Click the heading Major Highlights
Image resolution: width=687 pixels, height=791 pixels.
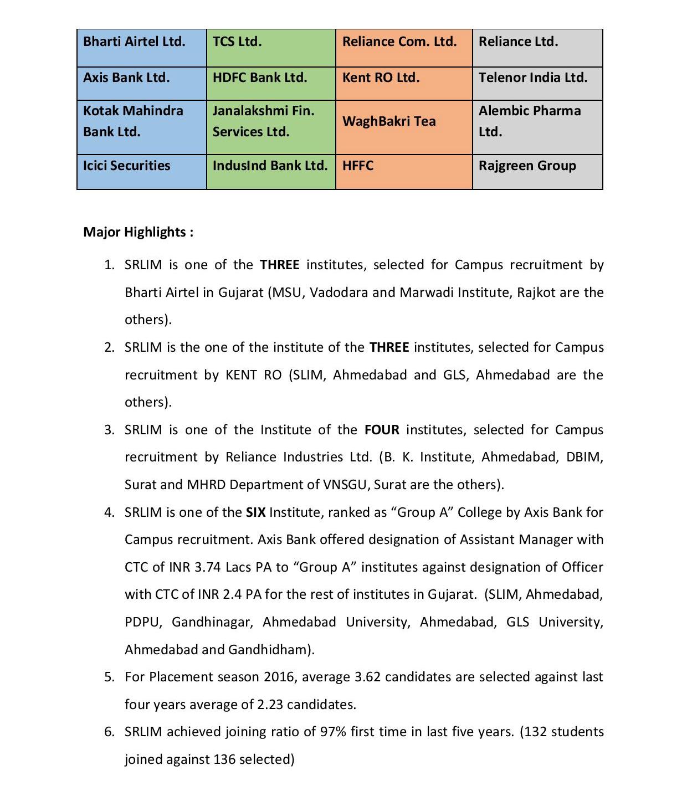click(138, 232)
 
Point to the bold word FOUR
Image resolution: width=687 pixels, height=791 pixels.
click(382, 430)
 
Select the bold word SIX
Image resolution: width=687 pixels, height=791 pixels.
click(255, 512)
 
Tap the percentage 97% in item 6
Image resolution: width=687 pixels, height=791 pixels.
click(333, 732)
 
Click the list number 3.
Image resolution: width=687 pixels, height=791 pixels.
click(109, 430)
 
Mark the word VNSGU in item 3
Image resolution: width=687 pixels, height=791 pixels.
click(345, 485)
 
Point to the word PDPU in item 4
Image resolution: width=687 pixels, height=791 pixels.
click(142, 622)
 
